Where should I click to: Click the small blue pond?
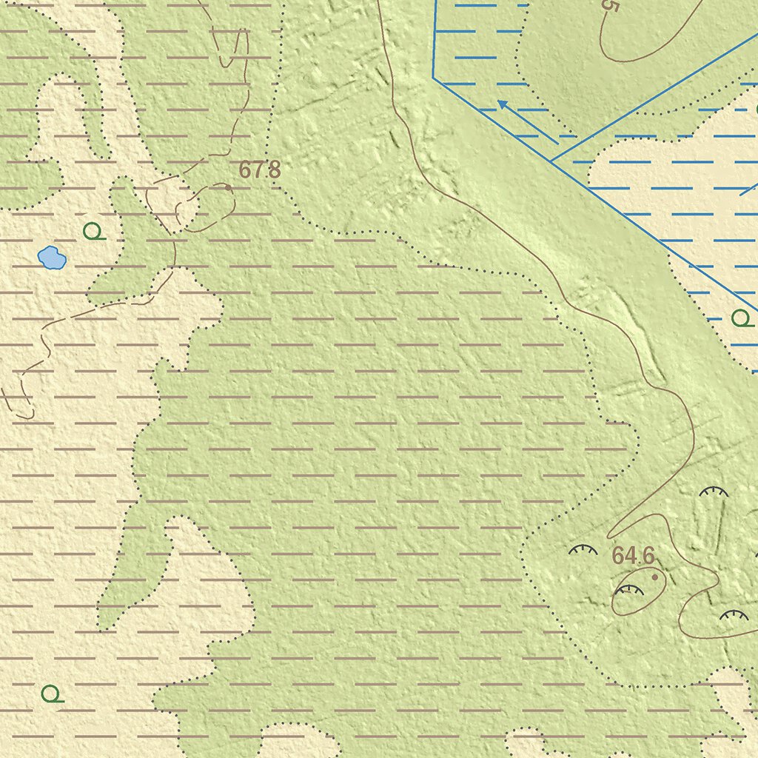[52, 258]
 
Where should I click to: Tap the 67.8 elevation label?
[259, 170]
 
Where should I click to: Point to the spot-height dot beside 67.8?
[228, 188]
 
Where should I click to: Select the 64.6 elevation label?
[634, 555]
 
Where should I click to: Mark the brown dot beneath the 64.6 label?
[655, 576]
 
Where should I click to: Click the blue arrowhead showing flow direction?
[502, 104]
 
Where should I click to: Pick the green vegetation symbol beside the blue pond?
[93, 232]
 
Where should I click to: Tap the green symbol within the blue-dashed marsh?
[742, 319]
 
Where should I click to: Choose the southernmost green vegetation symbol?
[52, 694]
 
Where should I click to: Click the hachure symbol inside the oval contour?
[629, 590]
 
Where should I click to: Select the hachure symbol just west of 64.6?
[583, 550]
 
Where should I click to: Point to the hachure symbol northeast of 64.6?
[714, 492]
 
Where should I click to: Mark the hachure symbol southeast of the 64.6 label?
[734, 615]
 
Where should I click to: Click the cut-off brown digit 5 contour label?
[610, 6]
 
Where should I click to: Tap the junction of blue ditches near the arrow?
[551, 161]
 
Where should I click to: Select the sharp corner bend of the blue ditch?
[434, 78]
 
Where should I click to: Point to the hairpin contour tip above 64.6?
[610, 535]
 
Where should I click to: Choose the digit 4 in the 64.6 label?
[629, 555]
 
